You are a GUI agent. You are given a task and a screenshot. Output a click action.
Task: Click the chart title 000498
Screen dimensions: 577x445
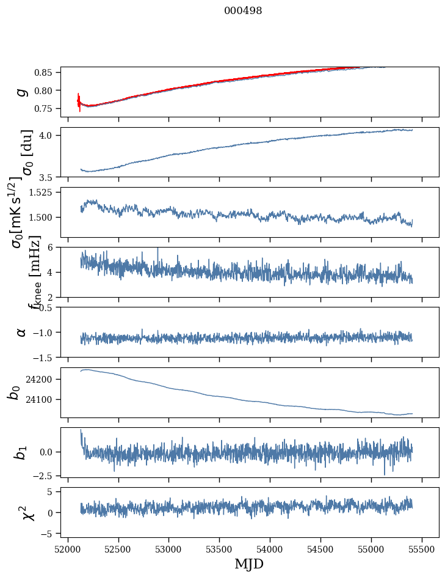click(243, 10)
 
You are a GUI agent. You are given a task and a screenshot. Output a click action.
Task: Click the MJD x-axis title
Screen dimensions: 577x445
click(249, 564)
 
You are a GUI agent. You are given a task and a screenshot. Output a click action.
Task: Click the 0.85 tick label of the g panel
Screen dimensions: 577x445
click(44, 73)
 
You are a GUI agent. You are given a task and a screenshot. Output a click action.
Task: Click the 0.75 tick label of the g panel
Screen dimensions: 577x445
click(44, 108)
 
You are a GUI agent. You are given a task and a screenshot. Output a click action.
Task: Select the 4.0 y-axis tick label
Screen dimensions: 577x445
click(48, 135)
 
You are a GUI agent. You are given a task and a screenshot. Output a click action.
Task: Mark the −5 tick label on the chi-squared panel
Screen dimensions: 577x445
click(48, 534)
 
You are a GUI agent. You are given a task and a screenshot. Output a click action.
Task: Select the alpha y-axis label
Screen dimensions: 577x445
click(21, 332)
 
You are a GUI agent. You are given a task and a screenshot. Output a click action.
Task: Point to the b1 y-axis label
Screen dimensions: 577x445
click(21, 452)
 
